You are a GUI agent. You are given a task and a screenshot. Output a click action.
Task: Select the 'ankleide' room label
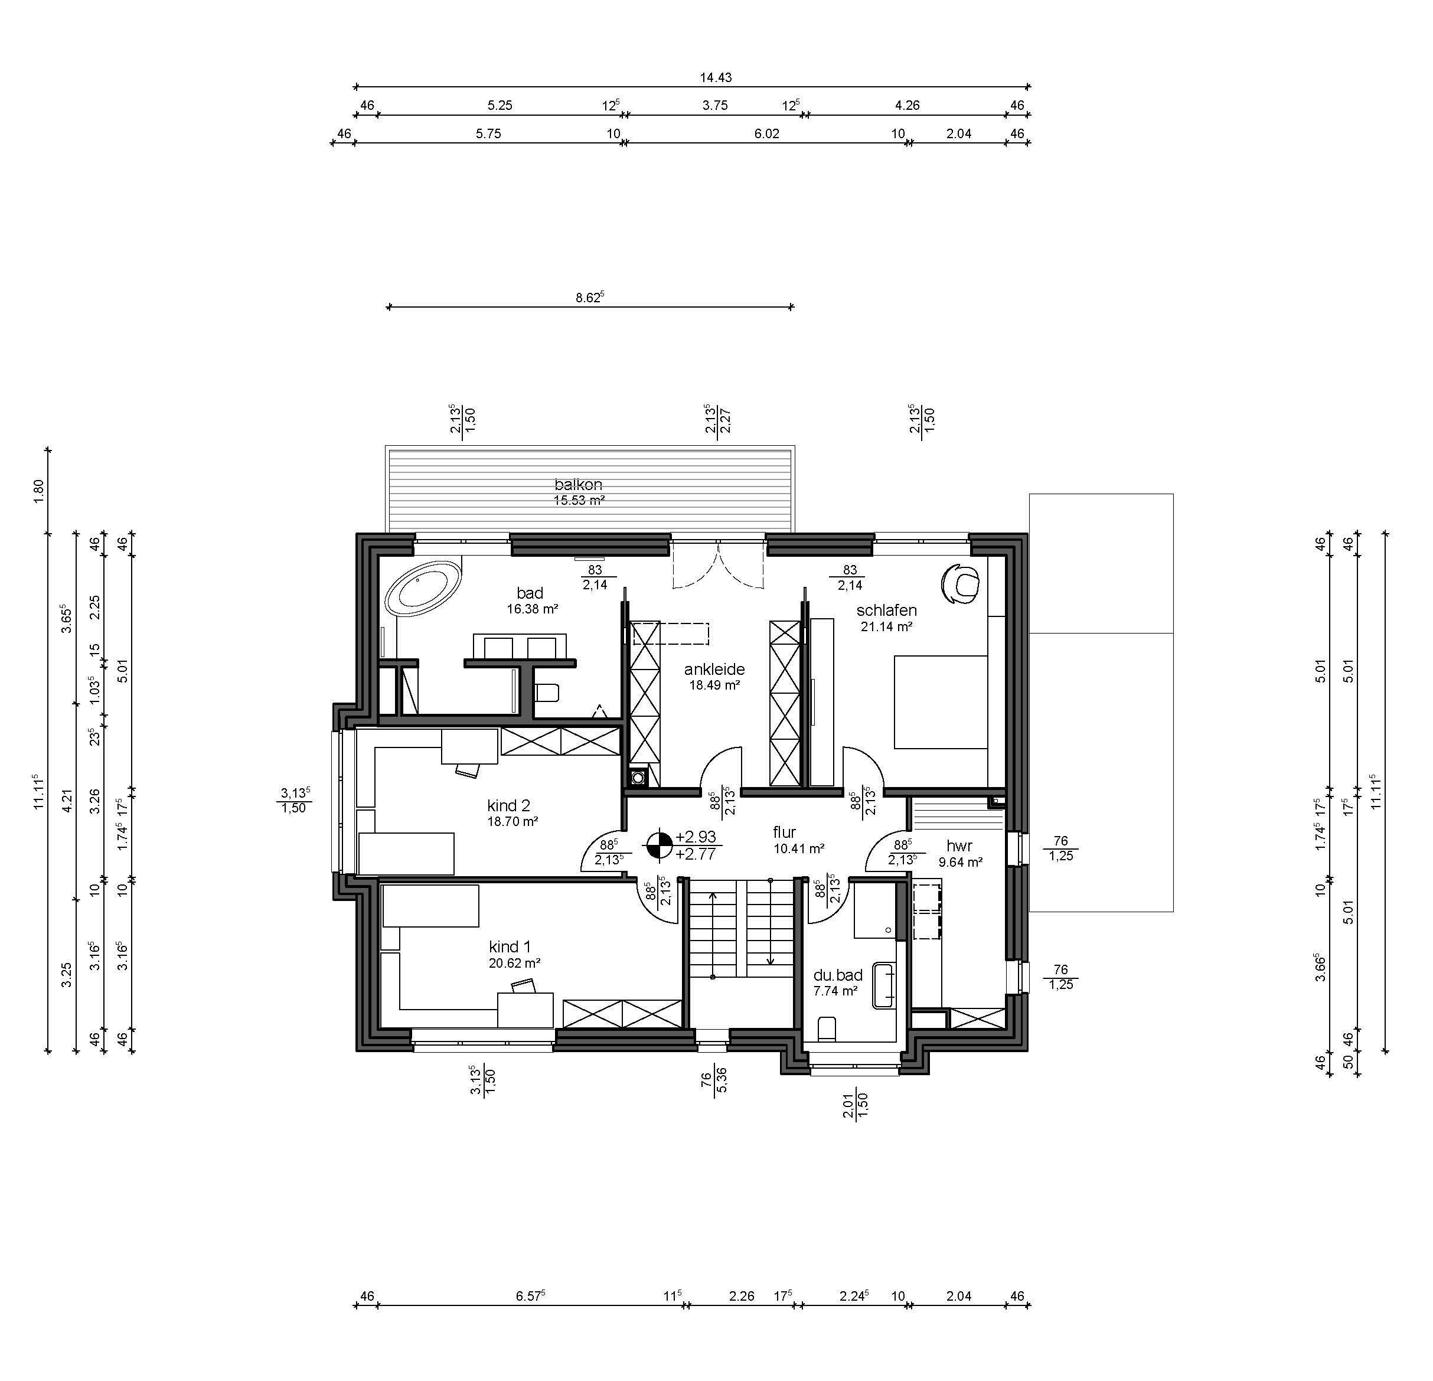714,669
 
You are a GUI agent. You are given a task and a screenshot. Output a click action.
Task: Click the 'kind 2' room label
508,806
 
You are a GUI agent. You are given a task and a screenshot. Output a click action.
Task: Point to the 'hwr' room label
959,846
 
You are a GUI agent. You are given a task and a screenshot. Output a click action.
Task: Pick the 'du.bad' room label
838,975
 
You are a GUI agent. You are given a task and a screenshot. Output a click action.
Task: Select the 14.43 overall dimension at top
715,77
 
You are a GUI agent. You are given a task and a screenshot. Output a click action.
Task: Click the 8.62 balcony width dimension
589,298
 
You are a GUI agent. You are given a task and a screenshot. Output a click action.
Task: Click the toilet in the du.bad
827,1028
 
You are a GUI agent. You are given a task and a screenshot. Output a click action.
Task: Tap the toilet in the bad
547,691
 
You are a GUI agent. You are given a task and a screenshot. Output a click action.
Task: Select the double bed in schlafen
941,702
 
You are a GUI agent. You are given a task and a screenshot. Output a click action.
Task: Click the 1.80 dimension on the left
39,490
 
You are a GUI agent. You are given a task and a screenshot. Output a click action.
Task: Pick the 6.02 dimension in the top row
766,134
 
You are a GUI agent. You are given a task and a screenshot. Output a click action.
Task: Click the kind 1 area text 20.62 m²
515,964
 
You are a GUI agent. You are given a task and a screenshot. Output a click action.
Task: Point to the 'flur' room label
785,832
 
